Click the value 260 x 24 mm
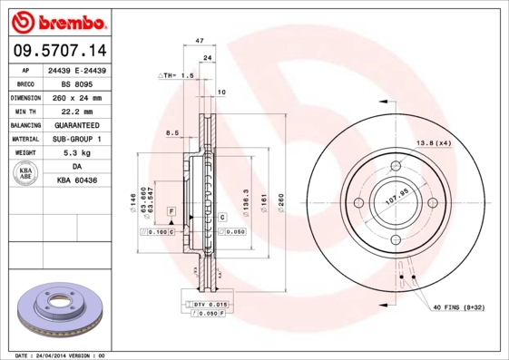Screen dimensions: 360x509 (78, 96)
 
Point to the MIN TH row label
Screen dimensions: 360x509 (24, 110)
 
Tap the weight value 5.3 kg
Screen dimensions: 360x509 (77, 153)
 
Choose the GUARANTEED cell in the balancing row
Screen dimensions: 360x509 (77, 124)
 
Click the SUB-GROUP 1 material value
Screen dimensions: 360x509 (77, 139)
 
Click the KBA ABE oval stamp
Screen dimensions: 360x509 (26, 175)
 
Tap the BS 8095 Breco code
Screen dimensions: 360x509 (77, 82)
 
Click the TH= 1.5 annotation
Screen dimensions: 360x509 (178, 75)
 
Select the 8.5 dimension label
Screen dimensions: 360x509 (171, 133)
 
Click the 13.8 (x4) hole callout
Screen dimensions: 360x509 (433, 143)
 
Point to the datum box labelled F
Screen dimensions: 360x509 (169, 210)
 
